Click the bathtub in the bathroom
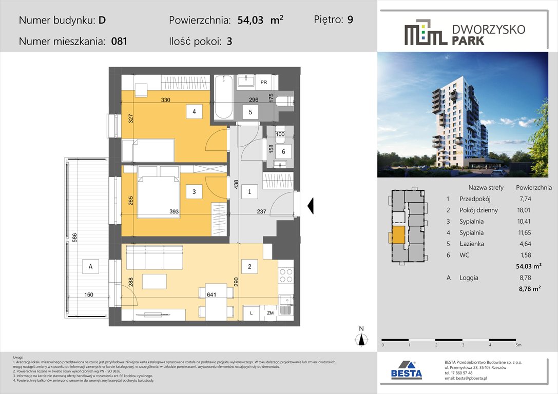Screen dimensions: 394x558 click(224, 97)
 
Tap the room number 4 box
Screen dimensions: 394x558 click(194, 111)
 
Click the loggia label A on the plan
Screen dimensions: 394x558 click(90, 266)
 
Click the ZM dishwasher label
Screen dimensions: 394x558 click(270, 313)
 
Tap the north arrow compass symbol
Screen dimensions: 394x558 click(361, 338)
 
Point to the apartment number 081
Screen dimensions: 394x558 click(119, 42)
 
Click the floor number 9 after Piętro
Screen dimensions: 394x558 click(350, 20)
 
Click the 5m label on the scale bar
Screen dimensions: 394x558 click(518, 345)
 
